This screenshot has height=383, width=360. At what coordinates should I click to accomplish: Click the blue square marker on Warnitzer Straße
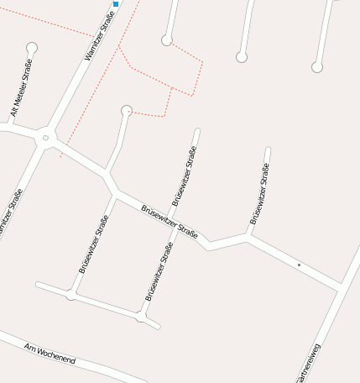click(x=116, y=3)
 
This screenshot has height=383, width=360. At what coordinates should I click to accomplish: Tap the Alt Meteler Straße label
click(x=21, y=88)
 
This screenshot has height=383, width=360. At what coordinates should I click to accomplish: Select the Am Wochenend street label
click(x=50, y=354)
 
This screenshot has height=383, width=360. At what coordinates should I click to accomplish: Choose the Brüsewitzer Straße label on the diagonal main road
click(x=169, y=222)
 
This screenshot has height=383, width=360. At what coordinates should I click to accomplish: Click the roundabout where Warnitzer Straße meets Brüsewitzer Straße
click(x=46, y=136)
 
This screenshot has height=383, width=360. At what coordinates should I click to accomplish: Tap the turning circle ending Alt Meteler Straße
click(x=32, y=48)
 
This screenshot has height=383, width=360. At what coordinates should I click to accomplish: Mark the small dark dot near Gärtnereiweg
click(x=299, y=265)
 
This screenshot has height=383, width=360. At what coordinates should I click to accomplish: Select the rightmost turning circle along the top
click(x=317, y=67)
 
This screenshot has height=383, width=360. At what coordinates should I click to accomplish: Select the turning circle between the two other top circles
click(x=242, y=57)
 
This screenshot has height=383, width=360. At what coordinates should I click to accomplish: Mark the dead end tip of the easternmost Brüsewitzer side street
click(x=268, y=150)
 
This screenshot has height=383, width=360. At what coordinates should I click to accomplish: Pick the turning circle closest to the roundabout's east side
click(x=127, y=109)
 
